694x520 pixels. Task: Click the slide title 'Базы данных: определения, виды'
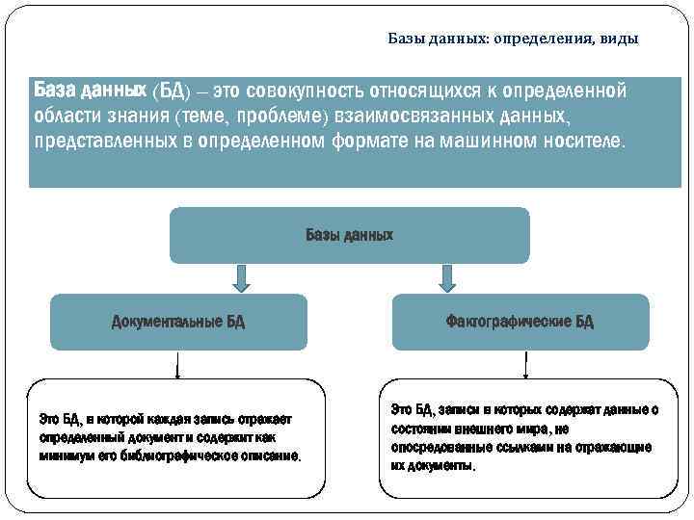513,39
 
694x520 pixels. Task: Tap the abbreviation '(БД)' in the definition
172,91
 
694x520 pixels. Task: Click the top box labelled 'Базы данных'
349,235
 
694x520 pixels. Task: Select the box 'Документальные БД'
178,322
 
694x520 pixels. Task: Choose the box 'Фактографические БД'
520,322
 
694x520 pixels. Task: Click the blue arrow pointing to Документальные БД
242,278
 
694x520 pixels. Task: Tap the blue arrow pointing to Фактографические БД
447,278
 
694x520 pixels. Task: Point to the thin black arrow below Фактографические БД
524,364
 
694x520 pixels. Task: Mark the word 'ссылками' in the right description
525,447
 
